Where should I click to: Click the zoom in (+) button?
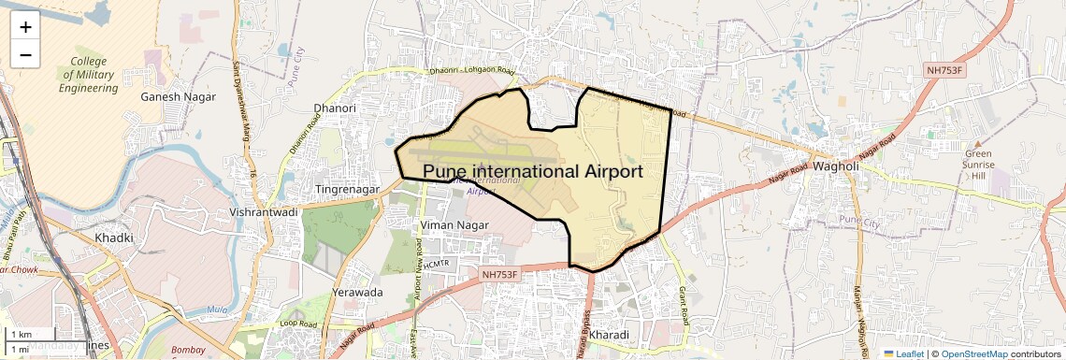[x=25, y=27]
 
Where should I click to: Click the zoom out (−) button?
[x=25, y=55]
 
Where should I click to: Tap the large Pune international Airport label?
[x=533, y=172]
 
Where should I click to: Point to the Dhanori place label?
[x=335, y=108]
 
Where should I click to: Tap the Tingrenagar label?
[x=347, y=189]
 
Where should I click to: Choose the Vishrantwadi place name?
[x=263, y=212]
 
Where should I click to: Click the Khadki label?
[x=113, y=238]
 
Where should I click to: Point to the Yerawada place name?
[x=357, y=292]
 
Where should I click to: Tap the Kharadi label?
[x=610, y=334]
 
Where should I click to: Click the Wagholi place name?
[x=836, y=166]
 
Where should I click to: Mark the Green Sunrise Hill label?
[x=979, y=165]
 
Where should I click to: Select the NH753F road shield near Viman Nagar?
[x=505, y=275]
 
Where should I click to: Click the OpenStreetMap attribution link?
[x=973, y=353]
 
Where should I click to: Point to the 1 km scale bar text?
[x=22, y=334]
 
